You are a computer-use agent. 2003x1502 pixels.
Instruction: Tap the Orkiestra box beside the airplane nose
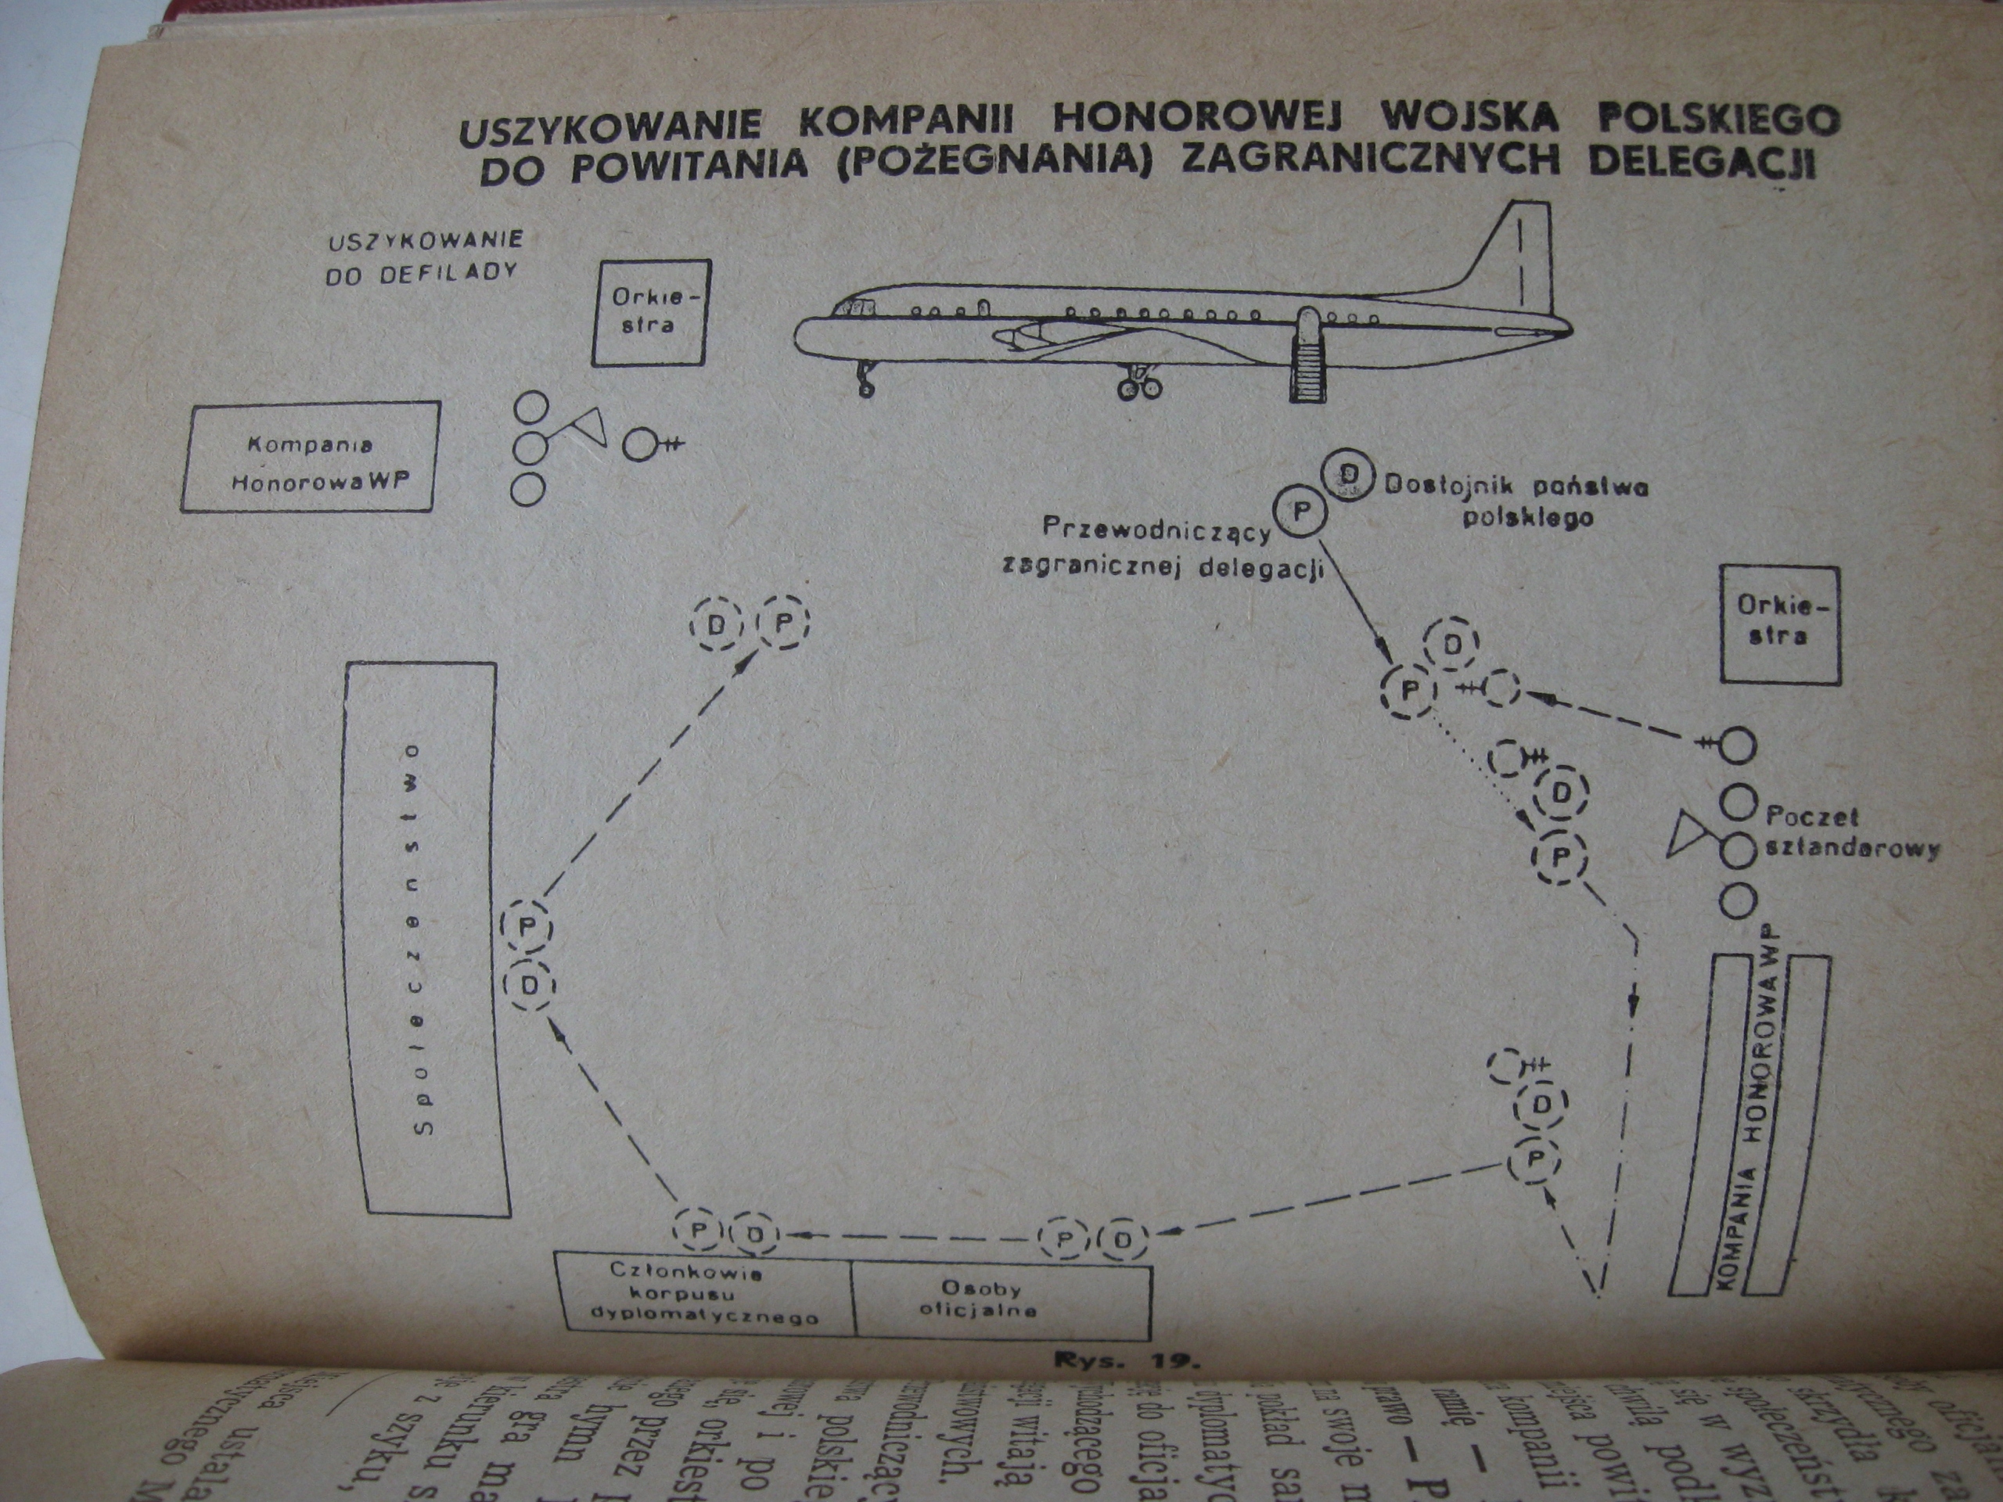click(650, 312)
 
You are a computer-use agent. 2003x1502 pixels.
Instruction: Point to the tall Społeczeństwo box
click(426, 939)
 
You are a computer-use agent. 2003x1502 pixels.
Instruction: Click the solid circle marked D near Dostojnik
click(1346, 473)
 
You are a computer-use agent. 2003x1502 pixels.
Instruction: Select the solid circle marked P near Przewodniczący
click(1300, 512)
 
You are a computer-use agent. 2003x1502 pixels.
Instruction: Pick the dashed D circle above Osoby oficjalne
click(1123, 1238)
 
